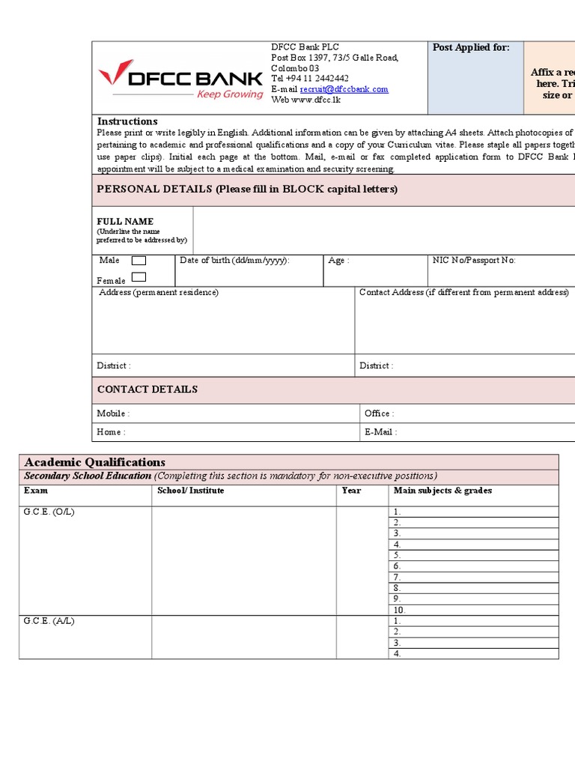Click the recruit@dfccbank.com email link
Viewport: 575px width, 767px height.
click(344, 89)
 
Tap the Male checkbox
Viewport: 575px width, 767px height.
click(139, 261)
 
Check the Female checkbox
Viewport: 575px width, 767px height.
click(139, 277)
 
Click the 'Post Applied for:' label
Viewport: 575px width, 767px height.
click(471, 48)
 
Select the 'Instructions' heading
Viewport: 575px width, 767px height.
click(127, 121)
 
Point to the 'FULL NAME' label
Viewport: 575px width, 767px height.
click(125, 222)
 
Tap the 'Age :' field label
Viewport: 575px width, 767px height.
click(339, 261)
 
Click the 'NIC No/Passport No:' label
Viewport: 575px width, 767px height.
click(474, 261)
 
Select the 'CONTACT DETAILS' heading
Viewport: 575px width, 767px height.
click(147, 389)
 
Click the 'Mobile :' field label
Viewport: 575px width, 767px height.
click(113, 413)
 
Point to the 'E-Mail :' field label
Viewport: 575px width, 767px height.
click(380, 432)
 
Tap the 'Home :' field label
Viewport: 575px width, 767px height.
click(111, 432)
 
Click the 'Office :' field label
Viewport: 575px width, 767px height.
click(379, 413)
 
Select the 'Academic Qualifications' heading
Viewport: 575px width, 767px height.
click(95, 462)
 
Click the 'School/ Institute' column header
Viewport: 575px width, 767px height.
click(190, 491)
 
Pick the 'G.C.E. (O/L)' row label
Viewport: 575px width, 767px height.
click(49, 512)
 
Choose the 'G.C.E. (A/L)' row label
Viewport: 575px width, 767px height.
click(49, 622)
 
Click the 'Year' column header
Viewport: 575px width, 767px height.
click(351, 491)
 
